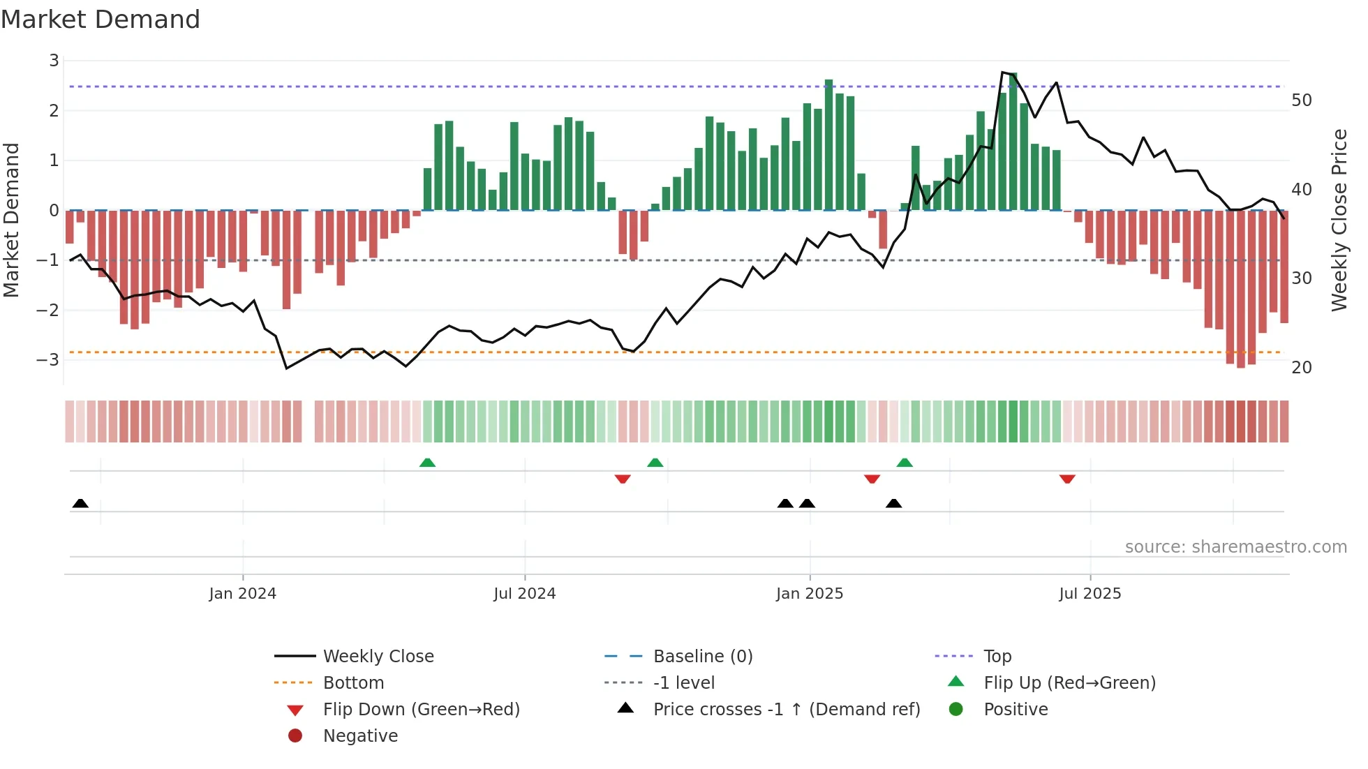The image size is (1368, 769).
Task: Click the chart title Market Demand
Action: [x=101, y=20]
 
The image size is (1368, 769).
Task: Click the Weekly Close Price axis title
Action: [x=1339, y=220]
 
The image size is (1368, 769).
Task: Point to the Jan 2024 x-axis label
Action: [x=242, y=594]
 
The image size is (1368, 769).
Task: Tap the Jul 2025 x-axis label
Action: [x=1090, y=594]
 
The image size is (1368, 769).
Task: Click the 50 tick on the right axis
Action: [x=1301, y=100]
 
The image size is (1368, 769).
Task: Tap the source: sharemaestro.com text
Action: [x=1235, y=547]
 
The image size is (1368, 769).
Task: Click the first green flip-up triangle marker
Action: [x=427, y=463]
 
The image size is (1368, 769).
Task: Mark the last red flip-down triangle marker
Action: [x=1066, y=479]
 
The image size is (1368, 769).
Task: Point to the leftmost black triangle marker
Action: [x=80, y=503]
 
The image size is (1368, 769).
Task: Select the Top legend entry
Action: [x=997, y=657]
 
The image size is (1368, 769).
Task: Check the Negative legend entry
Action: [x=360, y=736]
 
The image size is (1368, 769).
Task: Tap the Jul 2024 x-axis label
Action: [x=524, y=594]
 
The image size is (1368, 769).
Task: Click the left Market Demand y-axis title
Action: [x=11, y=220]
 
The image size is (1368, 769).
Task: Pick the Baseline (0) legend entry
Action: [x=702, y=657]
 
